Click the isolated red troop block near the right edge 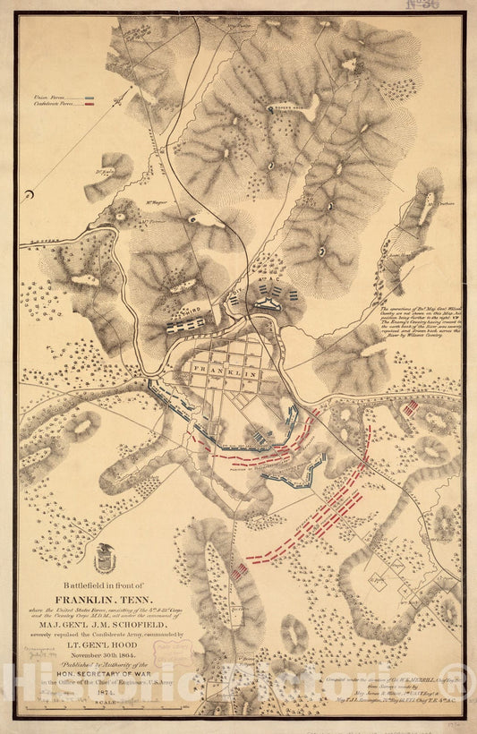[410, 408]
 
